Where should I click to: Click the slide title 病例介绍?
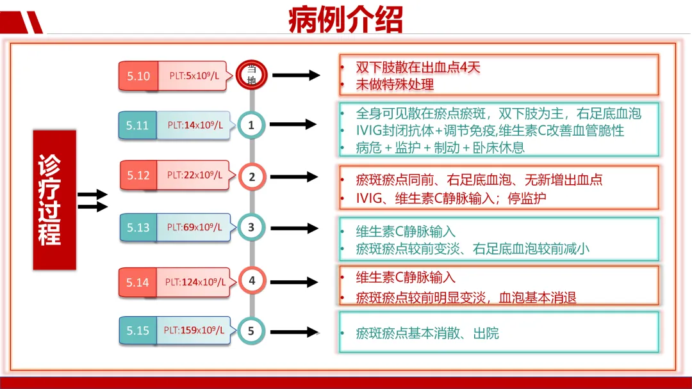click(x=345, y=19)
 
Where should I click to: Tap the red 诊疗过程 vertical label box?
click(x=54, y=200)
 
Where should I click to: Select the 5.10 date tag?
click(x=138, y=76)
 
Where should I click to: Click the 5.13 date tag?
click(x=138, y=227)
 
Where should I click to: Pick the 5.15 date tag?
click(x=138, y=331)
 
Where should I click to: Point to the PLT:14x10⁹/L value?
click(x=195, y=125)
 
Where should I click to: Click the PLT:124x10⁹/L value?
click(x=194, y=282)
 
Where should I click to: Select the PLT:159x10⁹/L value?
click(x=194, y=331)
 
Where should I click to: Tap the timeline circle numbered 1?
click(x=251, y=125)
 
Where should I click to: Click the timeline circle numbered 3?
click(x=251, y=227)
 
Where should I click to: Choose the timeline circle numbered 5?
click(x=251, y=331)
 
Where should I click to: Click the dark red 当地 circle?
click(x=251, y=74)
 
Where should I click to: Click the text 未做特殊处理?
click(x=395, y=84)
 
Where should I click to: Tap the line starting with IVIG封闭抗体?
click(x=490, y=131)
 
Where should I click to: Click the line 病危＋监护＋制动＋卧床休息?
click(x=440, y=147)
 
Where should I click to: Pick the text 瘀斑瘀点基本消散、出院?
click(x=427, y=333)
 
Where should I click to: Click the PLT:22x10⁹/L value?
click(x=195, y=175)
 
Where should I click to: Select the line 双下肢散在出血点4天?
click(x=418, y=68)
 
